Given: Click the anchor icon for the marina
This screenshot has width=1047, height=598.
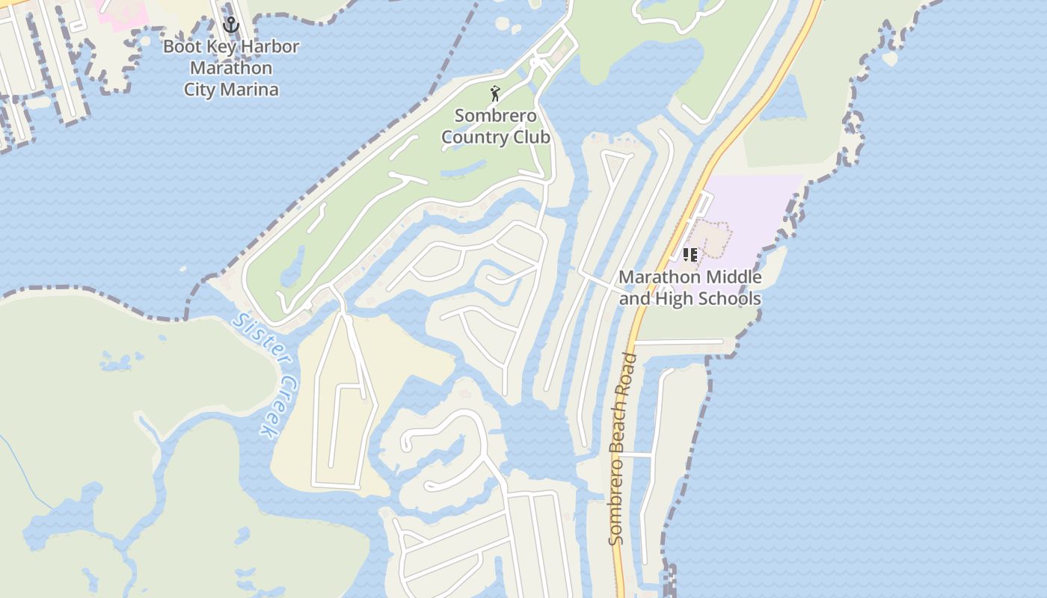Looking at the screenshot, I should click(231, 25).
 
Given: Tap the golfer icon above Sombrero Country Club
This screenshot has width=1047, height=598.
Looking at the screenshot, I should click(494, 93).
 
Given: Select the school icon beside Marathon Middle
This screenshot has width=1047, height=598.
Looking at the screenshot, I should click(690, 255).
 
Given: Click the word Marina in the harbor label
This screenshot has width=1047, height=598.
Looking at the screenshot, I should click(253, 90).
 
